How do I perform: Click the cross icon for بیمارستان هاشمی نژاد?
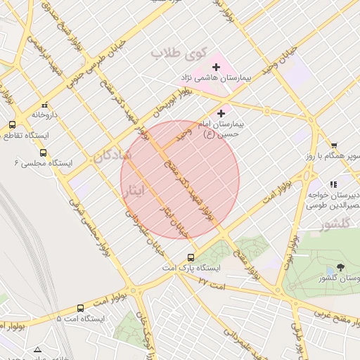(x=216, y=67)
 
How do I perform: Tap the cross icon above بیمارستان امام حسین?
(x=221, y=112)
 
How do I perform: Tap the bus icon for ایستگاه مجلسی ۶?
(x=44, y=152)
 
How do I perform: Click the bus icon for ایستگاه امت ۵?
(x=80, y=308)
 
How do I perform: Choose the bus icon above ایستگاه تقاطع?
(x=12, y=124)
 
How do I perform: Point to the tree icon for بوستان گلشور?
(x=341, y=266)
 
